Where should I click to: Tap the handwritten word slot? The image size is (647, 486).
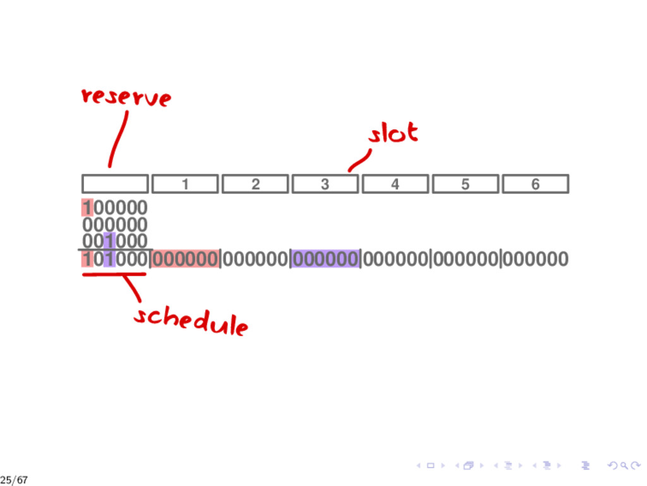pyautogui.click(x=393, y=134)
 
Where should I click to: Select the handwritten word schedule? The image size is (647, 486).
pyautogui.click(x=190, y=320)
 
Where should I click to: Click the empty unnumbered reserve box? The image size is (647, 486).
pyautogui.click(x=115, y=184)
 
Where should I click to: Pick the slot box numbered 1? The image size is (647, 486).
pyautogui.click(x=185, y=184)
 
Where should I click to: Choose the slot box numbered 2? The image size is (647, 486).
pyautogui.click(x=255, y=184)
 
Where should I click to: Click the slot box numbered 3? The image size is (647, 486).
pyautogui.click(x=325, y=184)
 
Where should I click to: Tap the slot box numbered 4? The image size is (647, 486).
pyautogui.click(x=395, y=184)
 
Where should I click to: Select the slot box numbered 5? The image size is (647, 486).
pyautogui.click(x=465, y=184)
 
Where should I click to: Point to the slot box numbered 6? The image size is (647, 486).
pyautogui.click(x=535, y=184)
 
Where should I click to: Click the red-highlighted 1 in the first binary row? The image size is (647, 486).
pyautogui.click(x=87, y=208)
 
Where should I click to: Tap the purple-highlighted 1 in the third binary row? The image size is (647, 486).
pyautogui.click(x=109, y=241)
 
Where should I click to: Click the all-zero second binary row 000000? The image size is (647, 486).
pyautogui.click(x=115, y=225)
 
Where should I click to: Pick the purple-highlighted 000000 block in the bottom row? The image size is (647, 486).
pyautogui.click(x=325, y=259)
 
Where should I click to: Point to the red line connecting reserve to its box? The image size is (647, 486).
pyautogui.click(x=118, y=139)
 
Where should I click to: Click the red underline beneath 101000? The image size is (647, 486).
pyautogui.click(x=114, y=275)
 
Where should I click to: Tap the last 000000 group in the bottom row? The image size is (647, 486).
pyautogui.click(x=535, y=259)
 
